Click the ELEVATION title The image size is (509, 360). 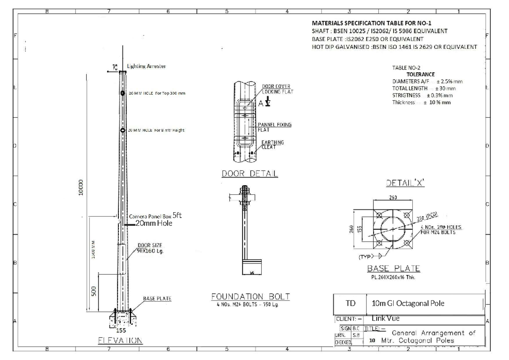(117, 340)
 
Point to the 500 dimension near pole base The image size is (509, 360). (95, 290)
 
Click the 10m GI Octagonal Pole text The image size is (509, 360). (401, 304)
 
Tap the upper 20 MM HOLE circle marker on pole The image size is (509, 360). (122, 93)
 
